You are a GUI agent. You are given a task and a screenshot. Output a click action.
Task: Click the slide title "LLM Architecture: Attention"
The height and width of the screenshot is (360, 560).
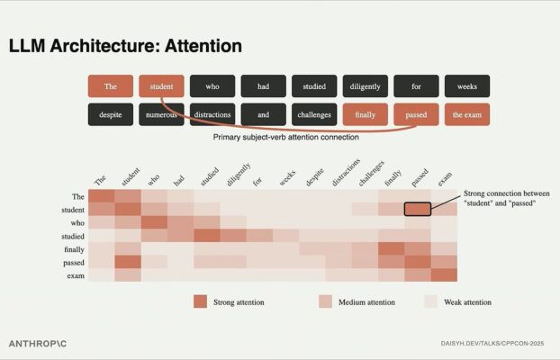[x=125, y=45]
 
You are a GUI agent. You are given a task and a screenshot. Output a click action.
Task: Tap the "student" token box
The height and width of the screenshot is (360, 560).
[x=161, y=86]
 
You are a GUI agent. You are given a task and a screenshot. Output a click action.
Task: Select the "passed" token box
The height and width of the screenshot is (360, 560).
[x=416, y=115]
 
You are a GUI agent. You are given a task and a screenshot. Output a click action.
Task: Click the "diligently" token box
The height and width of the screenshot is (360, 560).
[x=365, y=86]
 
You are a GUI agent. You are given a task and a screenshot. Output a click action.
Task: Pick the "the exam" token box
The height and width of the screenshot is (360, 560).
[x=467, y=115]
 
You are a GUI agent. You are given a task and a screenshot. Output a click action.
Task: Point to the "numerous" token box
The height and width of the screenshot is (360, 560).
[x=161, y=115]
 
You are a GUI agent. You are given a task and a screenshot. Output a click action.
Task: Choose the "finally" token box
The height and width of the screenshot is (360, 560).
[x=365, y=115]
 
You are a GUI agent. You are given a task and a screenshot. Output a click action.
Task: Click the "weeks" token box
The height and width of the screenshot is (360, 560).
[x=467, y=86]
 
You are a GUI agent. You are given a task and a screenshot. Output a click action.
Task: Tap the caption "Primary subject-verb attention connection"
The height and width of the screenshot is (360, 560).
[x=286, y=138]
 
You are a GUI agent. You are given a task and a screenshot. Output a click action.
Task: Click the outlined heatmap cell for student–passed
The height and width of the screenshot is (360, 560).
[x=417, y=209]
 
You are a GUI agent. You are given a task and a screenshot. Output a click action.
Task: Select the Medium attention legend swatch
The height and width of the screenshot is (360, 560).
[x=326, y=301]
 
